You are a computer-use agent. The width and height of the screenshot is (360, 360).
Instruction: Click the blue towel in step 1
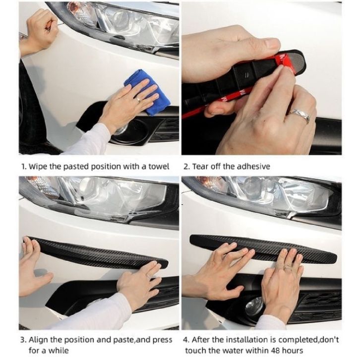[x=147, y=92]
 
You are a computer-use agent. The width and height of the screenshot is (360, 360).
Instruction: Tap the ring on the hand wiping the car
[x=138, y=99]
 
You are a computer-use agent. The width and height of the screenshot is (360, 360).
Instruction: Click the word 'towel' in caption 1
[x=159, y=166]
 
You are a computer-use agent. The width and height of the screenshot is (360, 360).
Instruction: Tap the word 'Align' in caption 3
[x=38, y=340]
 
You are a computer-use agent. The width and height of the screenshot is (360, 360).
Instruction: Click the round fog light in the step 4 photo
[x=254, y=306]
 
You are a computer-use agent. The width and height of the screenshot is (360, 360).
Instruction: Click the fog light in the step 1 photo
[x=120, y=130]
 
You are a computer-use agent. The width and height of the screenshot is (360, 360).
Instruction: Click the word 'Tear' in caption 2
[x=200, y=166]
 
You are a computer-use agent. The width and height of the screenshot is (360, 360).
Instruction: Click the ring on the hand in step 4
[x=288, y=267]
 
